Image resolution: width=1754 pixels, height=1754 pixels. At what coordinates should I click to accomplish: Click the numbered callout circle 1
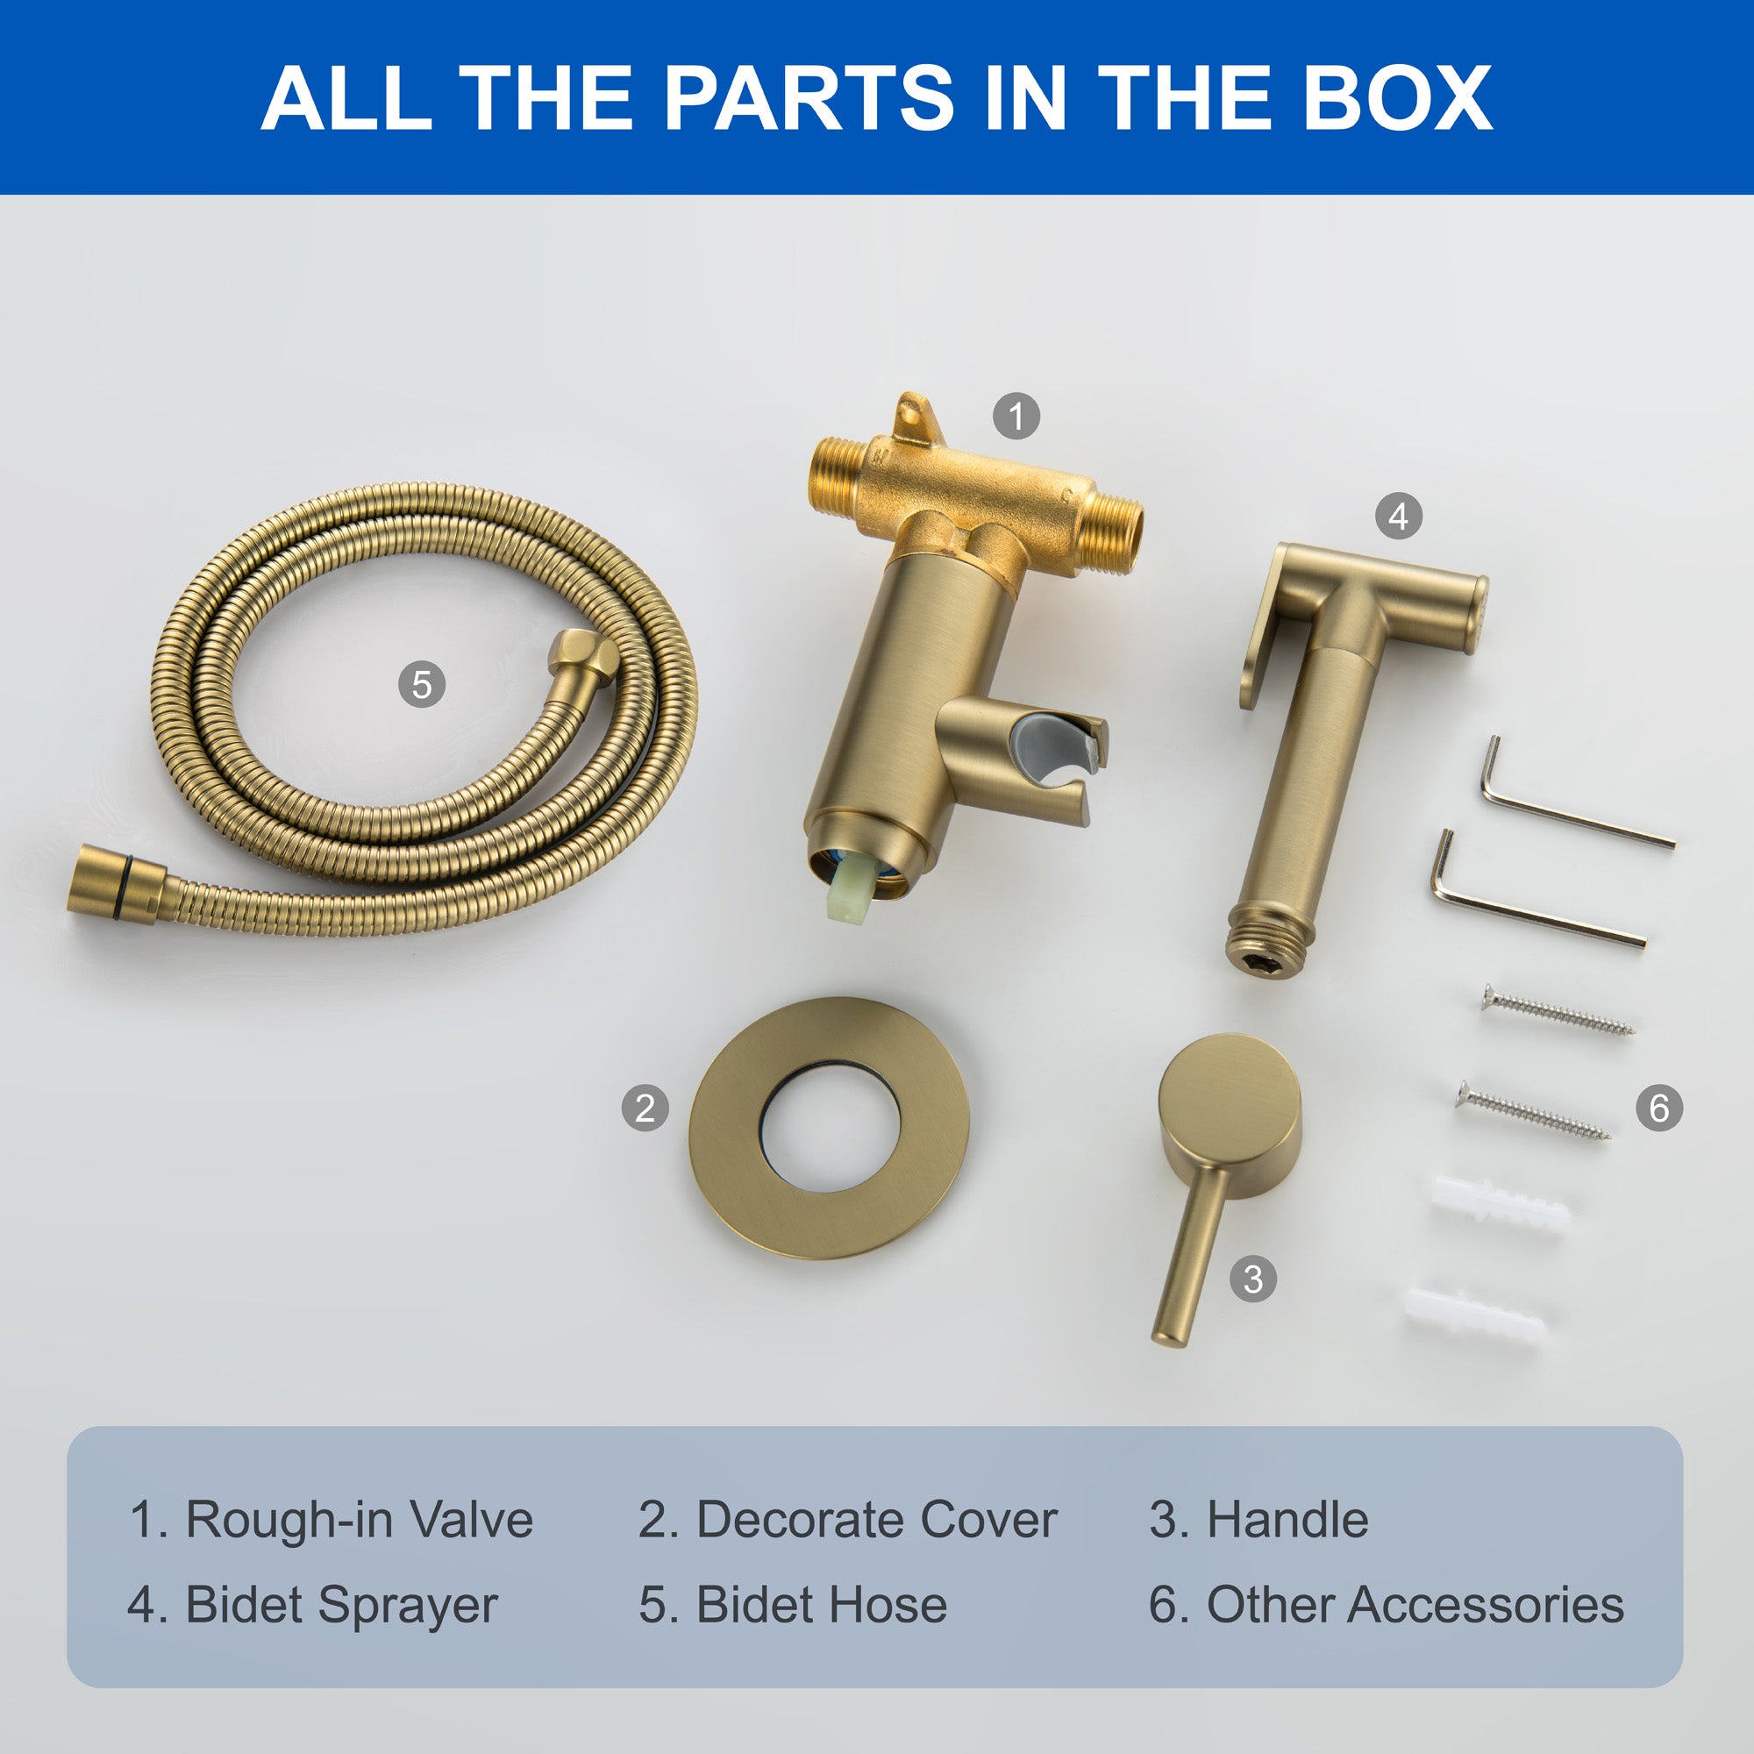1016,416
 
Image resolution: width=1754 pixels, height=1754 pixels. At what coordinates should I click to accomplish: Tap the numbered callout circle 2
645,1109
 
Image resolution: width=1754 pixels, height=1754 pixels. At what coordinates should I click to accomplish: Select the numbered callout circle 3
1253,1279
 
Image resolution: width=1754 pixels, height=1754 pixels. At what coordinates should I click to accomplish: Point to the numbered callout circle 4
1398,517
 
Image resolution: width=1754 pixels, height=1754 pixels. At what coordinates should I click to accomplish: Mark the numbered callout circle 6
1658,1108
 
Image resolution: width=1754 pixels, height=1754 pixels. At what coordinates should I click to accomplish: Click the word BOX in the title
1397,97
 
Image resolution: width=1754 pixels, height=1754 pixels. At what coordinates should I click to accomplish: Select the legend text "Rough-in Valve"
360,1520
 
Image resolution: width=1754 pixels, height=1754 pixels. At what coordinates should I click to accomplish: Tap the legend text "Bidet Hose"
822,1604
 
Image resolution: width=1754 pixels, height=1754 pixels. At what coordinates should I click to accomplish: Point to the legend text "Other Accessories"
1415,1604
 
